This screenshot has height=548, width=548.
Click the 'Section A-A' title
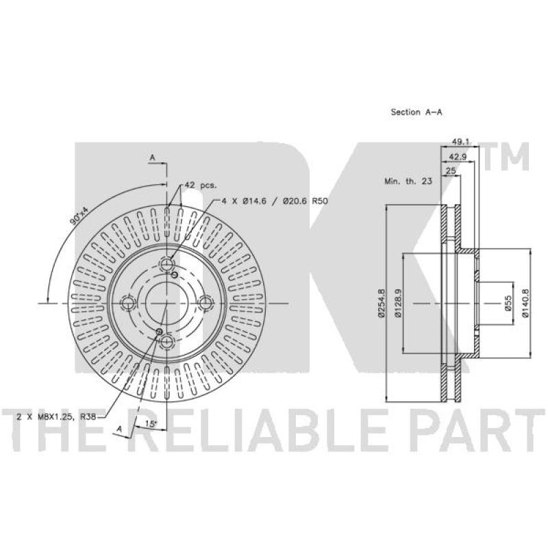[416, 112]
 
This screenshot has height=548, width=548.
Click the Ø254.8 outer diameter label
[380, 302]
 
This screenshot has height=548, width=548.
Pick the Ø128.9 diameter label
[397, 302]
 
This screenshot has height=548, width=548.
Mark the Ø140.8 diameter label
[525, 302]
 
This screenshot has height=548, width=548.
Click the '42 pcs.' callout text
[200, 186]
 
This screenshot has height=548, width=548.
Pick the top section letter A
[153, 159]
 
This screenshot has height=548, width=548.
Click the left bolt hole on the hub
[127, 301]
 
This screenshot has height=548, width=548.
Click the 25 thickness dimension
[451, 171]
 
